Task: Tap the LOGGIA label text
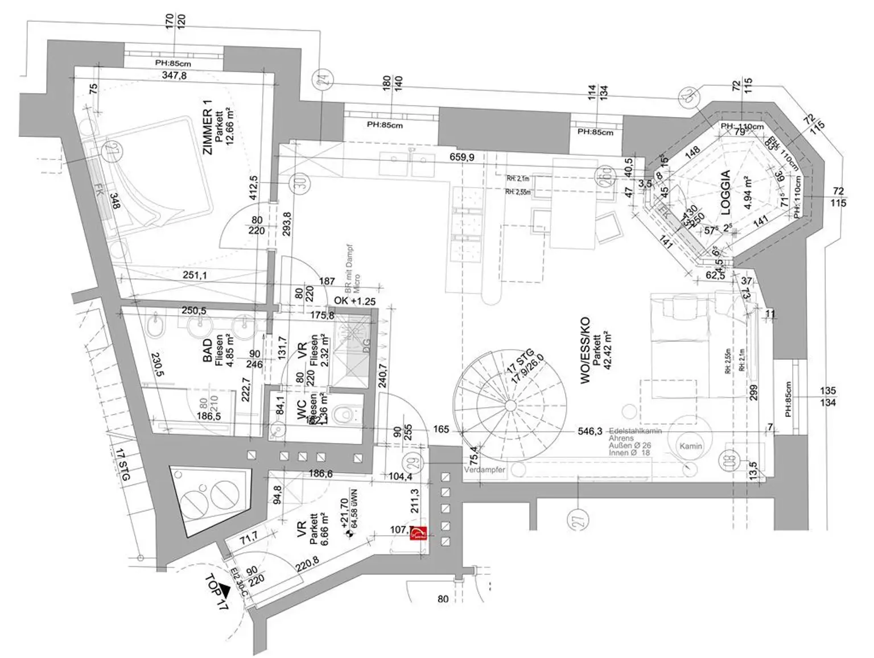pos(725,192)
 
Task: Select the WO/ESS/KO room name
pos(585,350)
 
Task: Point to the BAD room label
pos(208,350)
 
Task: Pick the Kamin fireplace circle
pos(691,446)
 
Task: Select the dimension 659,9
pos(461,158)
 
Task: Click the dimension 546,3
pos(590,432)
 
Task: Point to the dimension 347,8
pos(174,75)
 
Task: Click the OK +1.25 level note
pos(354,301)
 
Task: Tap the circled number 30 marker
pos(298,183)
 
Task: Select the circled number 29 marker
pos(414,462)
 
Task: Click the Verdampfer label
pos(484,470)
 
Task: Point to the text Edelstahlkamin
pos(635,431)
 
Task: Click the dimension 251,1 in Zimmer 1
pos(195,275)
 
